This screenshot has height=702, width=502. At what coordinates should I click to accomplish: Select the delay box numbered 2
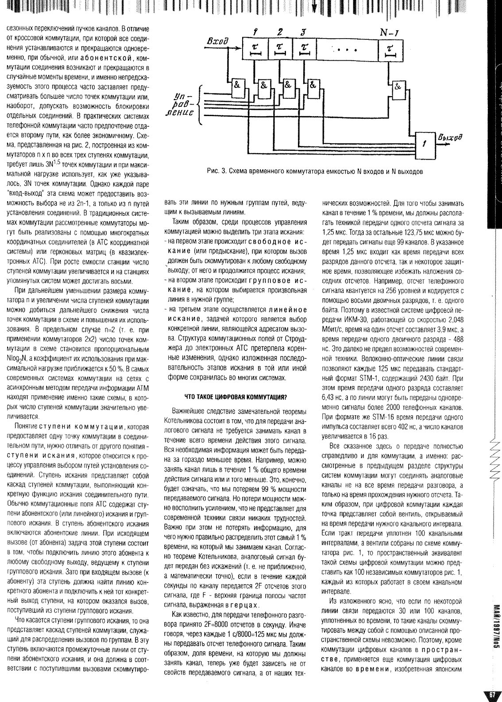pos(280,49)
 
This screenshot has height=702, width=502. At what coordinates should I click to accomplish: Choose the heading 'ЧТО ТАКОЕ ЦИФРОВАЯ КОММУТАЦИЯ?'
pos(236,396)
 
